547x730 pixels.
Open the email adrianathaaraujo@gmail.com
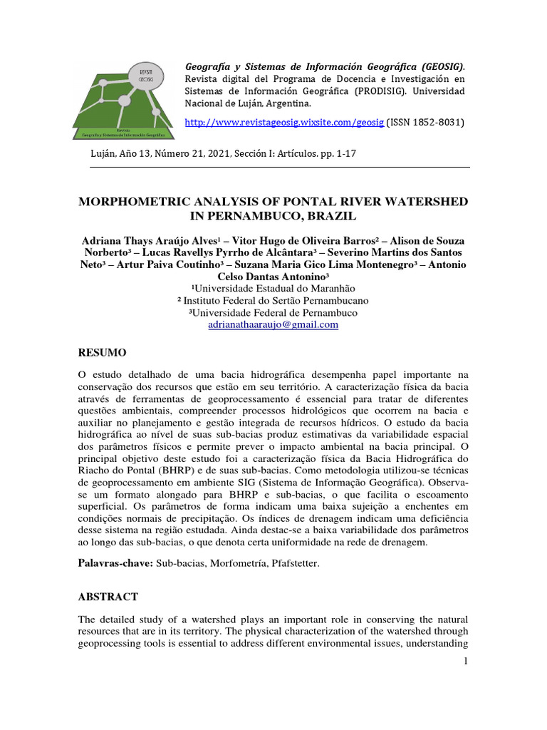point(273,324)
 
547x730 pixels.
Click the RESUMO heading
point(102,353)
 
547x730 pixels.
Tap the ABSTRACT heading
point(108,597)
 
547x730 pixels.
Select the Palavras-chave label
point(115,564)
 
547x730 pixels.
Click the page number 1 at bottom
point(465,662)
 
